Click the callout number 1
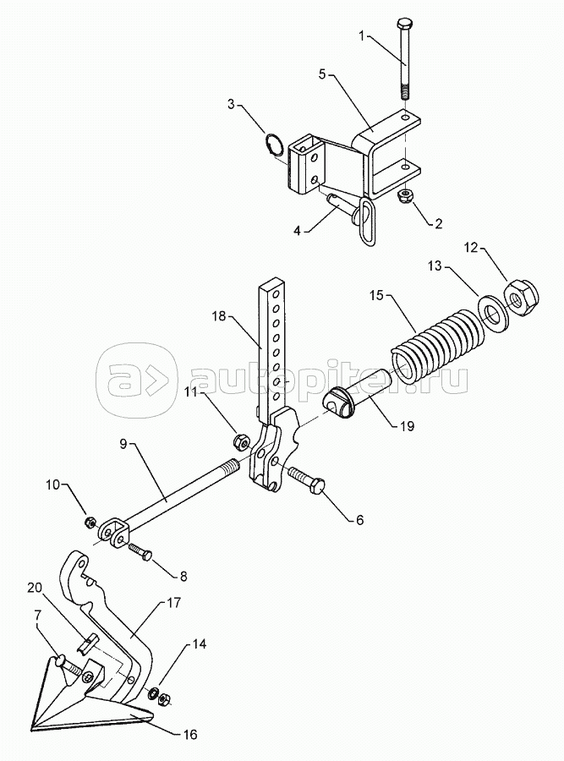coord(361,36)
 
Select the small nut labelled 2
coord(405,196)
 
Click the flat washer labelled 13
coord(494,311)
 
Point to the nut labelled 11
coord(240,442)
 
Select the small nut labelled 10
coord(90,523)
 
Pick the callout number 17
coord(174,603)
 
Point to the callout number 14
coord(198,644)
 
